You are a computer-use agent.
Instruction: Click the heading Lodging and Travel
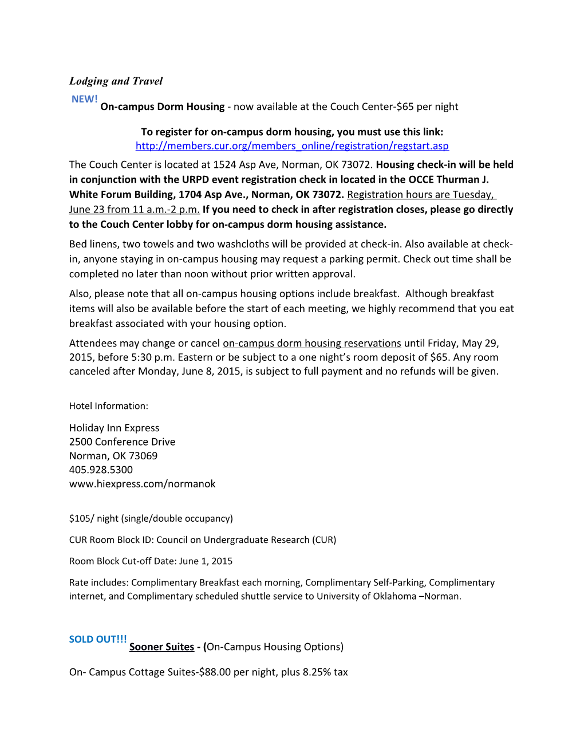116,81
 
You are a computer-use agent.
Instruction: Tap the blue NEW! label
84,99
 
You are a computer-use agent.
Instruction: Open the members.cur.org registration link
292,146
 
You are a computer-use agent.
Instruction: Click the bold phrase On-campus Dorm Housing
163,107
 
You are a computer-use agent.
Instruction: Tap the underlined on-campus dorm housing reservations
311,343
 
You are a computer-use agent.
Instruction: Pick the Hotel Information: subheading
109,406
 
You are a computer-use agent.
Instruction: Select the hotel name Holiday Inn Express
115,428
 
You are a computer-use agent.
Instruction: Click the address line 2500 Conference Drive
122,442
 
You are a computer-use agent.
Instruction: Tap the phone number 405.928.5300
101,470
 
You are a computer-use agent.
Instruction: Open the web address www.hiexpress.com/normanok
143,484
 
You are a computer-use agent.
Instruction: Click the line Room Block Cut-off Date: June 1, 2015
151,561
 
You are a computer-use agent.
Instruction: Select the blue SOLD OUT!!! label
98,639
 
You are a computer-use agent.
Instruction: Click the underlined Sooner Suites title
161,647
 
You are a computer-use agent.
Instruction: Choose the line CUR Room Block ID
203,540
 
